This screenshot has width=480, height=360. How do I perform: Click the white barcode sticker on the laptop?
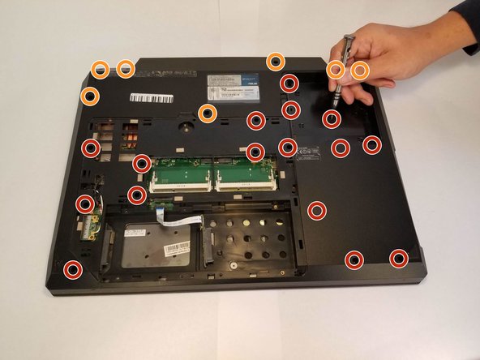click(152, 98)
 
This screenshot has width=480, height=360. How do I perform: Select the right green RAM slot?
click(244, 172)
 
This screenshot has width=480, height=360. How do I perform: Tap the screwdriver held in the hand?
click(346, 65)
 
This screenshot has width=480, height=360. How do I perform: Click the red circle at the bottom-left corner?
click(74, 269)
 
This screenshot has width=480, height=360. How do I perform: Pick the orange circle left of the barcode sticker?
click(91, 96)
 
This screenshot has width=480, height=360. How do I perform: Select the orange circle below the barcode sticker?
click(208, 114)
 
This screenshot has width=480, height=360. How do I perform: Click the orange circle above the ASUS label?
click(276, 61)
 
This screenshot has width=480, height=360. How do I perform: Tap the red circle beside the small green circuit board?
click(85, 204)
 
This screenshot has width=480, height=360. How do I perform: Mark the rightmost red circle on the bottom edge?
click(399, 259)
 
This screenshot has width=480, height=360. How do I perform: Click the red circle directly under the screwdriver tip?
click(332, 119)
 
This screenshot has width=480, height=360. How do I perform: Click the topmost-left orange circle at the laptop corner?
click(100, 70)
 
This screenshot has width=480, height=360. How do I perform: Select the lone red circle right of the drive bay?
click(317, 209)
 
